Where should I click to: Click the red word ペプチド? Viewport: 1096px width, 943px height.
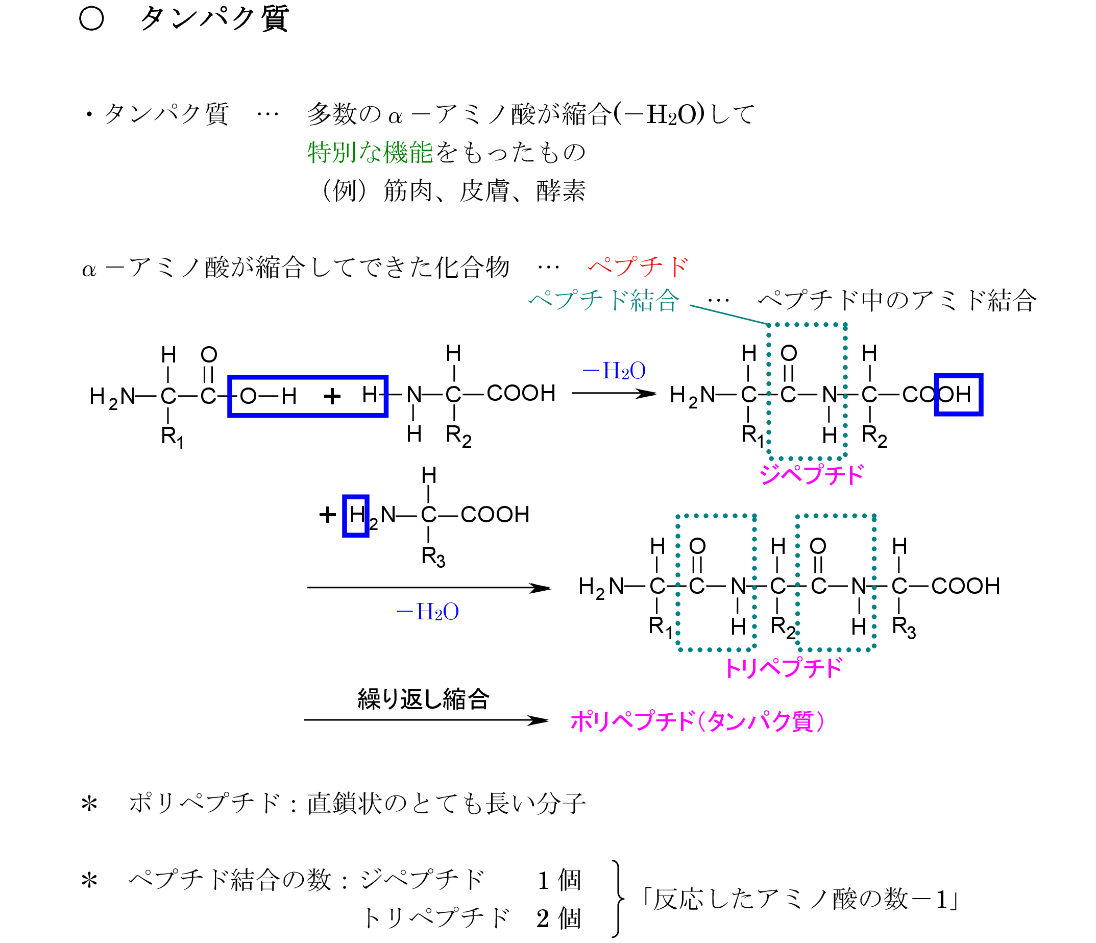638,267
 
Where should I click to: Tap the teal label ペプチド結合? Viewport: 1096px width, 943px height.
603,301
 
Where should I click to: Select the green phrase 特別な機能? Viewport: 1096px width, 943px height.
370,153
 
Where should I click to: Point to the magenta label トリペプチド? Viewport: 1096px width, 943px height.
784,668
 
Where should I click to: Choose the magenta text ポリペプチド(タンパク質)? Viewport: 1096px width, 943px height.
697,721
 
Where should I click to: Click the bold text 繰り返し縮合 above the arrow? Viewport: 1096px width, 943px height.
423,699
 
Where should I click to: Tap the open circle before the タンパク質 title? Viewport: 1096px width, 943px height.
91,19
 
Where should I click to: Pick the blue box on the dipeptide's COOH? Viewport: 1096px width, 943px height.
959,395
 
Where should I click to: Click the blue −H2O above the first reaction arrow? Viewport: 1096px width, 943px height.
614,371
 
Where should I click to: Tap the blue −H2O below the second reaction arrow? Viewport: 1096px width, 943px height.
427,612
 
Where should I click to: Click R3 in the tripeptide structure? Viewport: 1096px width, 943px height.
904,627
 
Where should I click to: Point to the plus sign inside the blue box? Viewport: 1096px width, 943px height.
332,396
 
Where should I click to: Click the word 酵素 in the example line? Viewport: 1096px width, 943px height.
560,191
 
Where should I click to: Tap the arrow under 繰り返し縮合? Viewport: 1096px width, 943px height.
426,720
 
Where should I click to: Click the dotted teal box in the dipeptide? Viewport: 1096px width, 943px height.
807,325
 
